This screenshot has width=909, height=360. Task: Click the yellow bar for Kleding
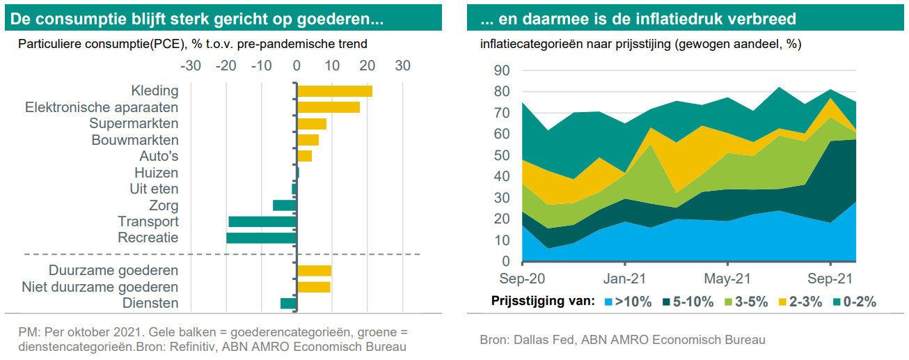334,91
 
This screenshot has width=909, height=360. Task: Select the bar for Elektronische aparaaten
328,107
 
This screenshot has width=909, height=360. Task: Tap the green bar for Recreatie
261,238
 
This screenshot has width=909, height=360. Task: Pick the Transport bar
262,221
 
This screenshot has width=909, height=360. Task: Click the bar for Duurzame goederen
314,271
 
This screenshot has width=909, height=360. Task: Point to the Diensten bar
288,304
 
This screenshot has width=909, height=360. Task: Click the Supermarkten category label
134,124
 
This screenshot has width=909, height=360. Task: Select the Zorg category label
164,205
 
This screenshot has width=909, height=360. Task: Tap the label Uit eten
154,189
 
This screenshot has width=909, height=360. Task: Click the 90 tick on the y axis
502,70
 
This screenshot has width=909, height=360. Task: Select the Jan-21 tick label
624,279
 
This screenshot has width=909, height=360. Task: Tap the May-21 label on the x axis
727,279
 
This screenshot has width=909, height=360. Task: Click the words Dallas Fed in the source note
540,340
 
